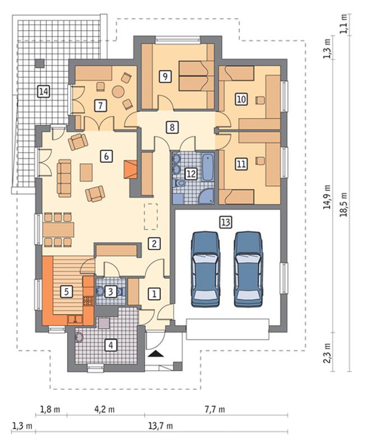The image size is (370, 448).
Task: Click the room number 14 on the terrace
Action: (44, 91)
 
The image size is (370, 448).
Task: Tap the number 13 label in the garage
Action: (225, 222)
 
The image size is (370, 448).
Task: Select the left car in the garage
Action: (205, 269)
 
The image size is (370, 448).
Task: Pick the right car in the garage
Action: (248, 269)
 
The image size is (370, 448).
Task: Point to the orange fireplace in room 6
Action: (131, 170)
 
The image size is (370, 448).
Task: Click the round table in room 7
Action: (118, 92)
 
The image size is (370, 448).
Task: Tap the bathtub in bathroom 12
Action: (208, 167)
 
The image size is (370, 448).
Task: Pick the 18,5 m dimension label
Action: (344, 204)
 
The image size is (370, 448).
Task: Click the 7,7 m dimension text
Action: (215, 409)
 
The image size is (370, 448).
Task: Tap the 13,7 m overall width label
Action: (160, 426)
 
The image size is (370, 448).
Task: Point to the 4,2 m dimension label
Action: (105, 409)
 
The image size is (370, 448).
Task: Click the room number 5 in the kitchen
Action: (66, 292)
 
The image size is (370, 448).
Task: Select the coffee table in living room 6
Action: (86, 172)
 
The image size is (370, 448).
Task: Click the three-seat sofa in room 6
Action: (64, 178)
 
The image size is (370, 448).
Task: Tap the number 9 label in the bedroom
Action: (165, 76)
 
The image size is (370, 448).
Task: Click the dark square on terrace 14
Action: (40, 63)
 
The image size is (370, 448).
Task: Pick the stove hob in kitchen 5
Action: (88, 301)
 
